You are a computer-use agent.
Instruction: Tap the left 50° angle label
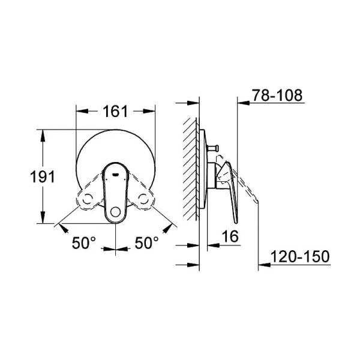[x=84, y=242]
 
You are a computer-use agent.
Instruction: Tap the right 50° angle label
[x=146, y=242]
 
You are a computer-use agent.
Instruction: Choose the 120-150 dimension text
[x=300, y=257]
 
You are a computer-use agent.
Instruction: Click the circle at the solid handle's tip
[x=114, y=211]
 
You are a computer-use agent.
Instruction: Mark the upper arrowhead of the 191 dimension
[x=42, y=133]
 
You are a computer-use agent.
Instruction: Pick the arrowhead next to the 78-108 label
[x=244, y=102]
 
